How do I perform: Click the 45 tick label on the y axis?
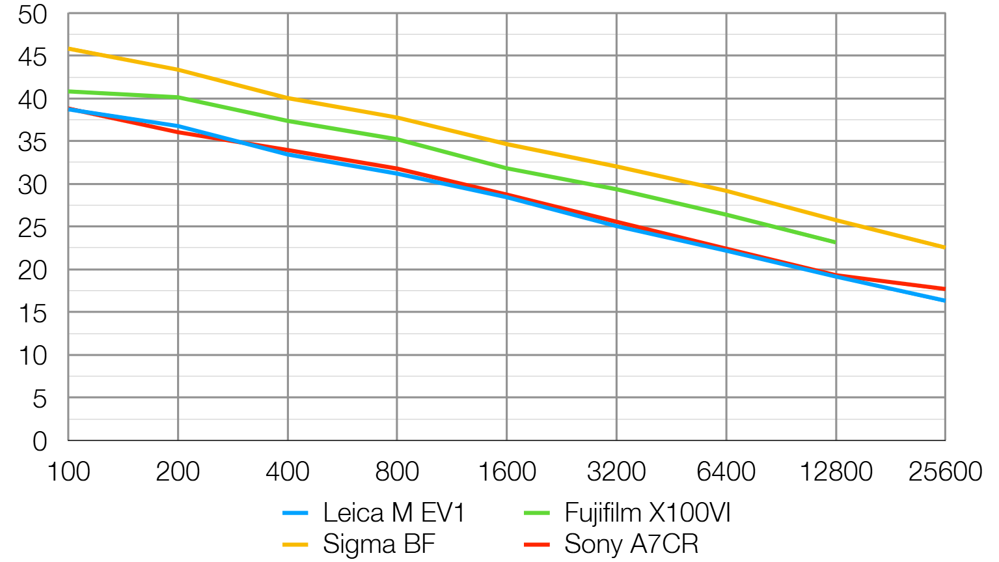point(33,57)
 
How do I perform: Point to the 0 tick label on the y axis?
point(40,442)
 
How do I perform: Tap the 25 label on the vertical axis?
point(33,229)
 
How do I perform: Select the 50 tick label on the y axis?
point(33,14)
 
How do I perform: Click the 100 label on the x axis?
point(68,471)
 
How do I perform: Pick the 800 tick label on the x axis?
point(397,471)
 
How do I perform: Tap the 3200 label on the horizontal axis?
point(616,471)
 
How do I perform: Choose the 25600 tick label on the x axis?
point(945,471)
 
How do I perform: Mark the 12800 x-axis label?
point(836,471)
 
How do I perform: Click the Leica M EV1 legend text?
point(394,513)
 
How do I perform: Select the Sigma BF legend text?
point(379,544)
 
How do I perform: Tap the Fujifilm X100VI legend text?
point(648,513)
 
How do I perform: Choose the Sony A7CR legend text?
point(631,544)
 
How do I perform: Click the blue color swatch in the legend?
point(295,514)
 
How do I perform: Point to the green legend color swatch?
point(536,514)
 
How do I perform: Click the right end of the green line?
point(835,242)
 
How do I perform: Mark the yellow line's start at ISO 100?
point(69,48)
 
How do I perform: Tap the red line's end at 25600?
point(944,288)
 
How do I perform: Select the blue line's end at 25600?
point(944,300)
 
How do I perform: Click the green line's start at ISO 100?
point(69,91)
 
